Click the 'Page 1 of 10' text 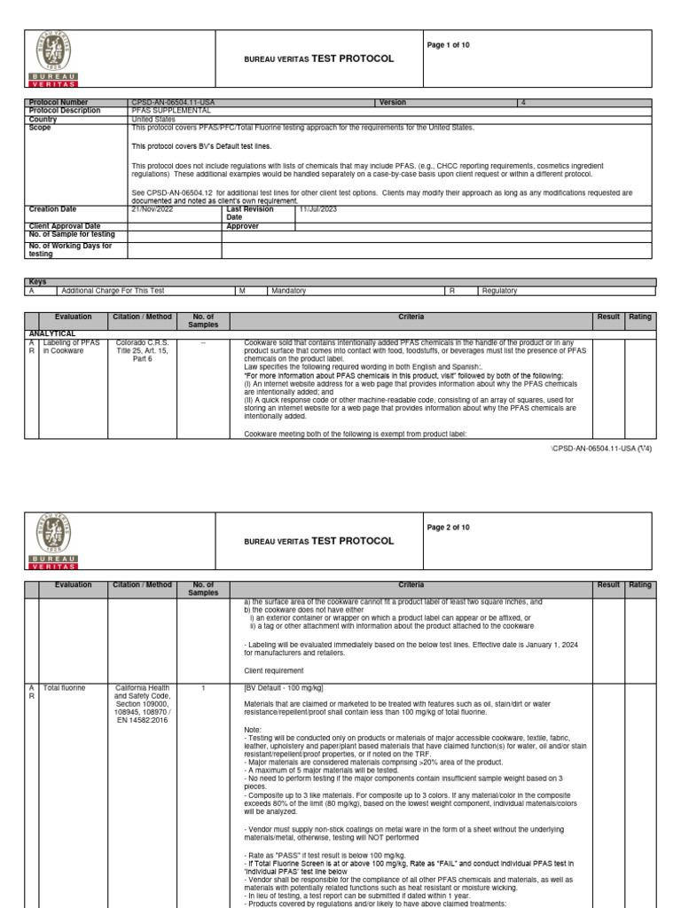450,46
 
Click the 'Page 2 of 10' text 450,528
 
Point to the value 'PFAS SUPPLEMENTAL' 171,111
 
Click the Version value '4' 523,103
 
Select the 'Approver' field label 243,226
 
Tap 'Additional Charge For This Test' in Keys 113,290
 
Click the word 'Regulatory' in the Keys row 498,290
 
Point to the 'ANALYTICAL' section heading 51,333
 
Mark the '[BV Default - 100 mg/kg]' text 283,687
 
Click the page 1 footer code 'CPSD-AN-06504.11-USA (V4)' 603,450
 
